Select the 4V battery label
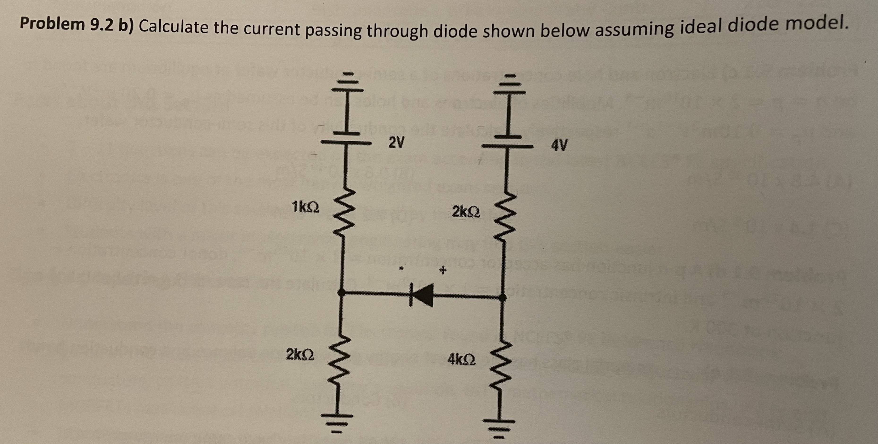point(559,146)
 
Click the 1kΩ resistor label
point(305,207)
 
